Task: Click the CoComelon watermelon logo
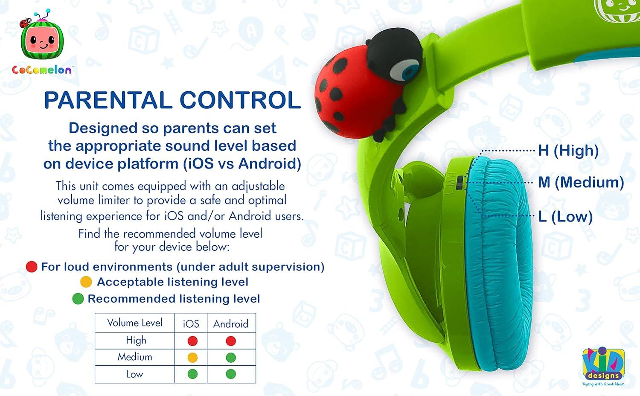tap(41, 42)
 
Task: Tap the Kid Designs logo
tap(603, 365)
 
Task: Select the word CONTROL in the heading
tap(240, 100)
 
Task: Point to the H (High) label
tap(568, 150)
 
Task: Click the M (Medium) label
tap(581, 182)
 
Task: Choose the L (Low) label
tap(565, 216)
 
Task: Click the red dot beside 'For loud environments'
tap(32, 267)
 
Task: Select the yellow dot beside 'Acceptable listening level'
tap(86, 282)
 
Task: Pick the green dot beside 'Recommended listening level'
tap(78, 299)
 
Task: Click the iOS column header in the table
tap(191, 324)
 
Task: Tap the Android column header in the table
tap(231, 324)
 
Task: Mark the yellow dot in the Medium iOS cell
tap(192, 358)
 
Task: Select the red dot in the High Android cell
tap(231, 341)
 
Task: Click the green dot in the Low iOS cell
tap(192, 374)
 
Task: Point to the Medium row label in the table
tap(135, 357)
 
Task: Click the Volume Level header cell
tap(135, 323)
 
